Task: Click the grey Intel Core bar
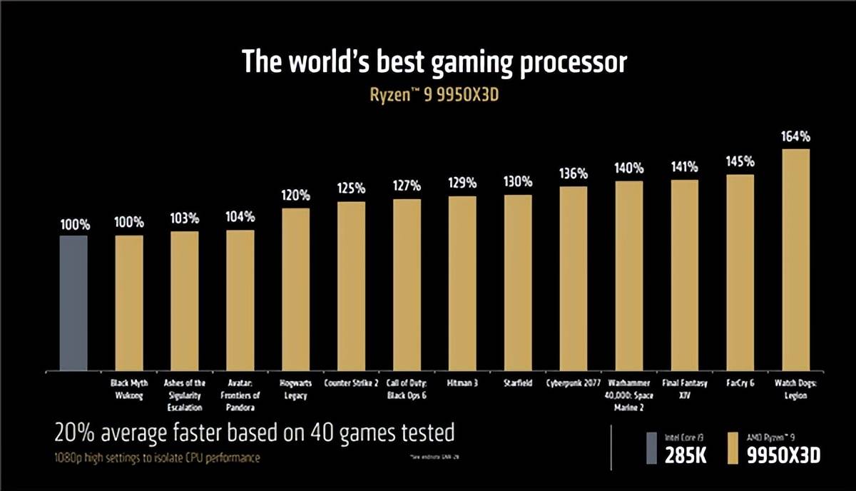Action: point(73,303)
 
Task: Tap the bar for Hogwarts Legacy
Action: point(296,289)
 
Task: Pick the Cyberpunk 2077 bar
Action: point(574,278)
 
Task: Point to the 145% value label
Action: point(740,161)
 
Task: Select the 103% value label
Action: point(185,218)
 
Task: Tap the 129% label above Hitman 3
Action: point(462,183)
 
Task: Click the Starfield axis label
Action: point(518,383)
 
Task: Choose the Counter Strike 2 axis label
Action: point(351,383)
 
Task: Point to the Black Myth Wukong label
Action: point(129,389)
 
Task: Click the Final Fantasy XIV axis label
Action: point(685,389)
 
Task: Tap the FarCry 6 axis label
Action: point(740,383)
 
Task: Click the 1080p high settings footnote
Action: point(157,457)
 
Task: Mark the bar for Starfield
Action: point(518,283)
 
